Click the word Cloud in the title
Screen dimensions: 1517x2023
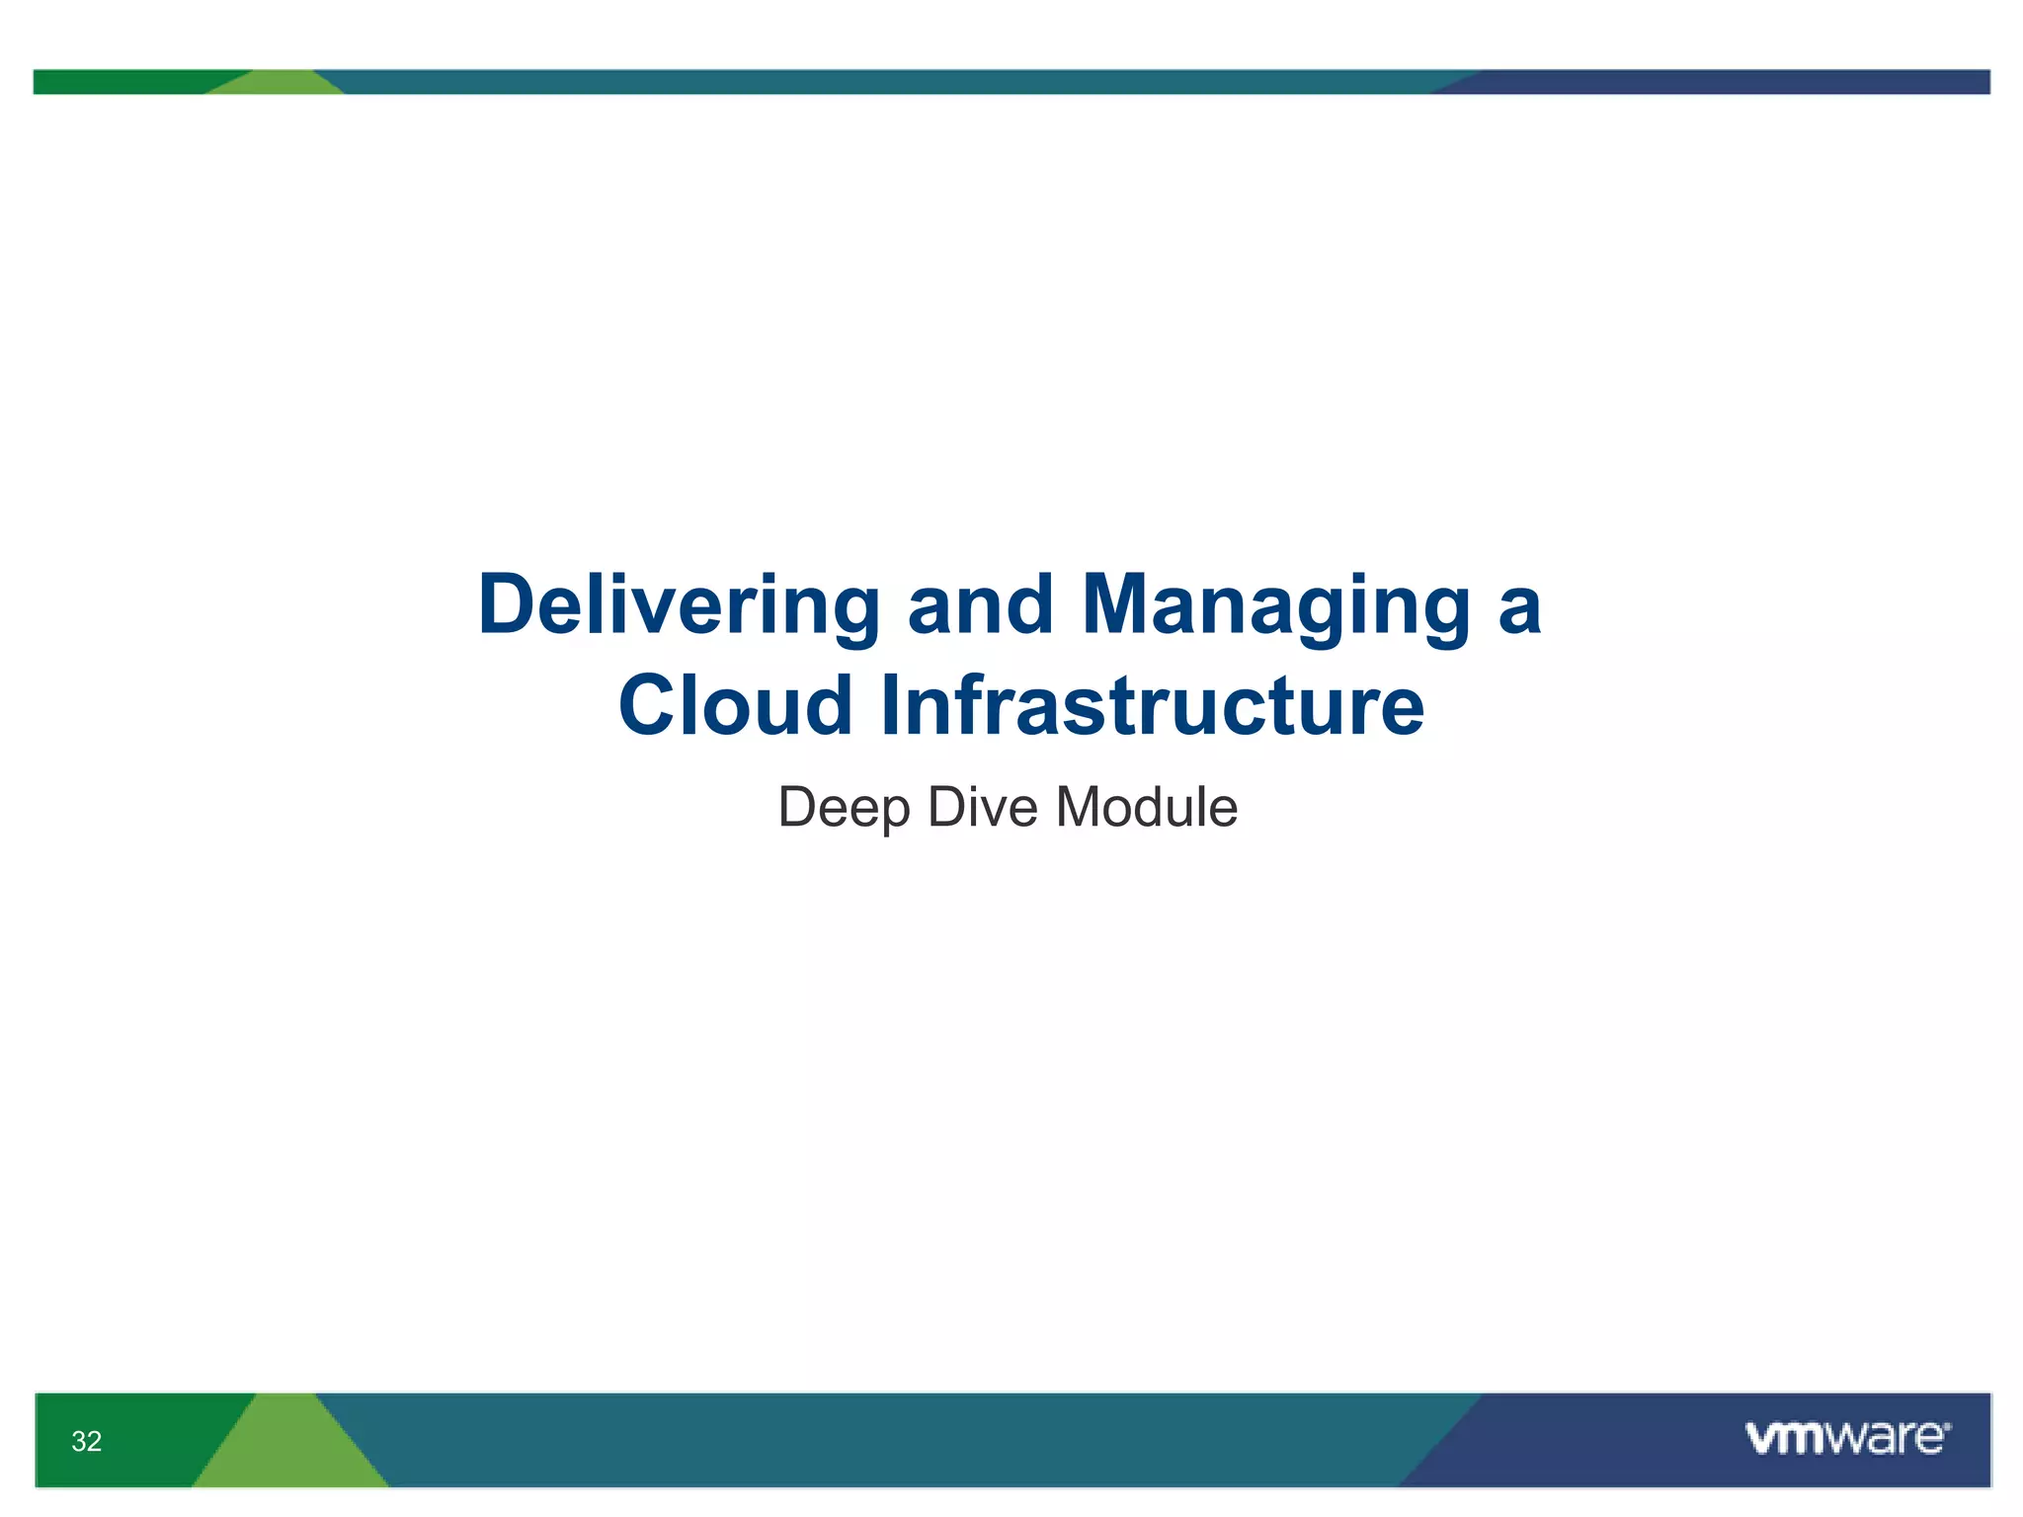point(735,705)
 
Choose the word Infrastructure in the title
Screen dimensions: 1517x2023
point(1152,705)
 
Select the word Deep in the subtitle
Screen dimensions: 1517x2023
point(844,808)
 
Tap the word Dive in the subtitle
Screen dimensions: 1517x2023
point(983,808)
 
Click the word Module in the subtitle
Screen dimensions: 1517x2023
point(1147,808)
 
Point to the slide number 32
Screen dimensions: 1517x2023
point(87,1441)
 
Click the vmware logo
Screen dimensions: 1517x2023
point(1846,1438)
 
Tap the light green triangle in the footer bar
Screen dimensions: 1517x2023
point(289,1452)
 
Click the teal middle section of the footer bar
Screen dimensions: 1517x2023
point(889,1440)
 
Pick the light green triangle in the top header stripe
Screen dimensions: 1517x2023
point(278,84)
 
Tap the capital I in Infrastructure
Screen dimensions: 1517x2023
point(890,705)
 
